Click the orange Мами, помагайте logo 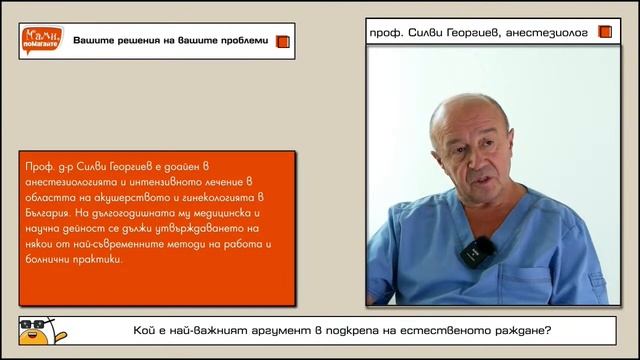point(41,41)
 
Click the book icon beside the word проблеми point(282,41)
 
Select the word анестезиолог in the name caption point(549,32)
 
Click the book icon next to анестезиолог point(604,32)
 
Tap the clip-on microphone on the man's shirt point(477,251)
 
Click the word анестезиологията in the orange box point(73,181)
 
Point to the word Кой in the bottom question point(146,330)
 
